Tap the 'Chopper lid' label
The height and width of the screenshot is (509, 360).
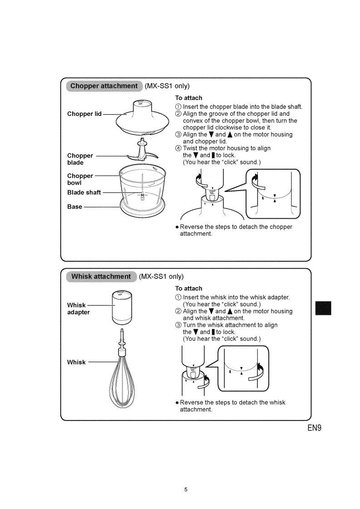(84, 114)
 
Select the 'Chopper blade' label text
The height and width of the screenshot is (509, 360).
(80, 159)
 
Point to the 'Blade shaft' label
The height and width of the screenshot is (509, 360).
(84, 192)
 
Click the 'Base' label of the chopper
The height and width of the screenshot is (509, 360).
(75, 206)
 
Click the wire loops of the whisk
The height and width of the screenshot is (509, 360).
(122, 381)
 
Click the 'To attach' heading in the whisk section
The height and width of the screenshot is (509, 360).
(188, 289)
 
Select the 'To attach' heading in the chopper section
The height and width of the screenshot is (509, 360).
(188, 98)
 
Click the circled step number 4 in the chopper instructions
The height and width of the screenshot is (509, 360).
(178, 149)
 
